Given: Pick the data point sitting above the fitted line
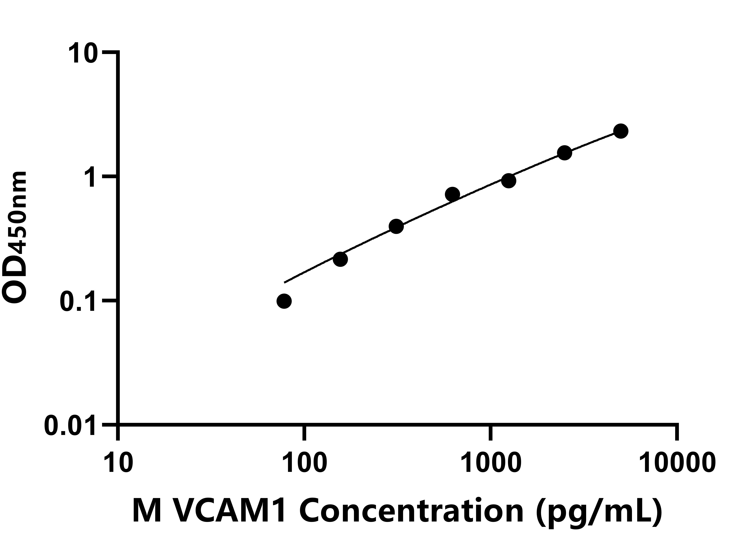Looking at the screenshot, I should pyautogui.click(x=452, y=194).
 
